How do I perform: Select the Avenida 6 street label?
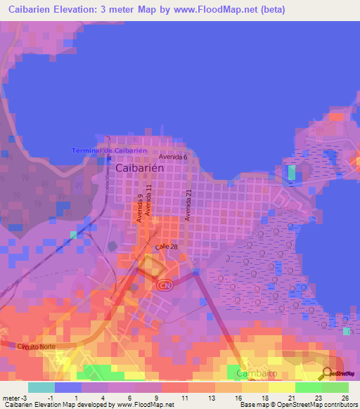[173, 157]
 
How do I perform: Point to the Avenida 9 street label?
[140, 209]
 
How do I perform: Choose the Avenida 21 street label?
[188, 205]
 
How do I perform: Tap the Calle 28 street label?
[166, 248]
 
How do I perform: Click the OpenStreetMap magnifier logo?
[327, 373]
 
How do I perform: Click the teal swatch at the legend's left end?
[41, 387]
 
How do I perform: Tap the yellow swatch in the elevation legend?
[281, 387]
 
